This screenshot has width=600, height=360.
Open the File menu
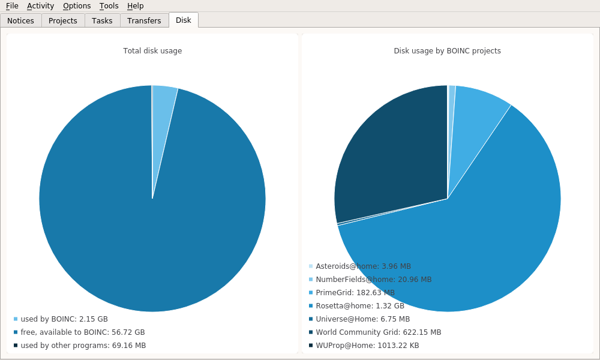12,6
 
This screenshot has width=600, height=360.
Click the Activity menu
40,6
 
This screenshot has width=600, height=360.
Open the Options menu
77,6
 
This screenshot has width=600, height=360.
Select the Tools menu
109,6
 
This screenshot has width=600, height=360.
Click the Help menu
135,6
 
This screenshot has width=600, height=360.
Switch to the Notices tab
20,20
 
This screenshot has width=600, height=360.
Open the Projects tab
63,20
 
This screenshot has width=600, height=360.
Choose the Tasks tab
102,20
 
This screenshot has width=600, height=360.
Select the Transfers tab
144,20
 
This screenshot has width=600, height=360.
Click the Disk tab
184,20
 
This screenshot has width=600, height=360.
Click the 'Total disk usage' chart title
152,51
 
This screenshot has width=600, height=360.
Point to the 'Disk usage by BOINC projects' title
447,51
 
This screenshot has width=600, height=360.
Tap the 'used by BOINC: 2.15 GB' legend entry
64,319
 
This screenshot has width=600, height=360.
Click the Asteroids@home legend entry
363,266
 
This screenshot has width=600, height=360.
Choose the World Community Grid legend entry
378,332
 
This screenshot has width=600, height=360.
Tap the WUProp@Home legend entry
367,346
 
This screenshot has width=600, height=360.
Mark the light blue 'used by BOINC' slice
163,120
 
